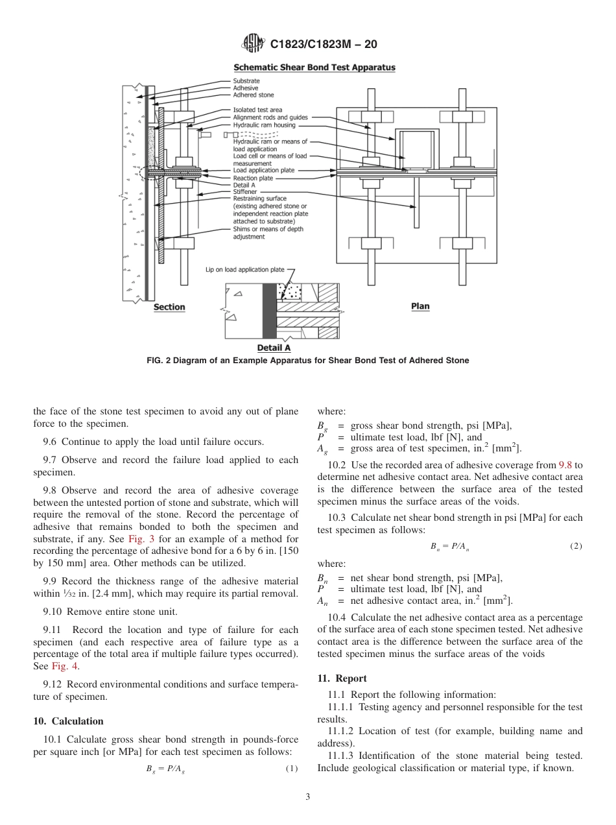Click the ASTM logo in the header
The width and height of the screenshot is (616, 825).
click(x=253, y=43)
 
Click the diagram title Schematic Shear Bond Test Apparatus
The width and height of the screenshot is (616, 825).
click(x=314, y=67)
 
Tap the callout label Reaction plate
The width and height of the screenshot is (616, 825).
click(x=253, y=178)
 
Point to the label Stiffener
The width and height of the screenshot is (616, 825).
click(x=244, y=192)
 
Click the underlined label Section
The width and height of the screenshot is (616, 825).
click(x=169, y=307)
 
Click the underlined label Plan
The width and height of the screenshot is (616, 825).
click(x=420, y=306)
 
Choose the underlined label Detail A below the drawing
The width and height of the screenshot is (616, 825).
click(x=274, y=348)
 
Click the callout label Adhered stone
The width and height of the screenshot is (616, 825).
click(x=254, y=95)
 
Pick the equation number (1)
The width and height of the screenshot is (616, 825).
click(x=291, y=769)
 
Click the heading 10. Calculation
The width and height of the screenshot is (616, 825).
click(x=68, y=721)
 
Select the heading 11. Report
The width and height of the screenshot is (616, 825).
click(x=342, y=678)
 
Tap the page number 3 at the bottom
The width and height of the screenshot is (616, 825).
click(x=308, y=797)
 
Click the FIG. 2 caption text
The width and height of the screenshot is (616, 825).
click(x=307, y=361)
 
